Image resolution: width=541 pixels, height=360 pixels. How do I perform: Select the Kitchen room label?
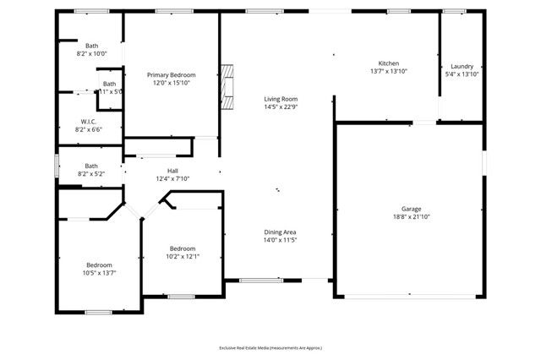(388, 63)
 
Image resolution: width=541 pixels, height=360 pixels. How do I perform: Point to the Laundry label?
(462, 66)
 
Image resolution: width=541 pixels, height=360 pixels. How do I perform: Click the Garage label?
(411, 209)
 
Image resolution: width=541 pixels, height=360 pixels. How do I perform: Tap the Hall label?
(172, 171)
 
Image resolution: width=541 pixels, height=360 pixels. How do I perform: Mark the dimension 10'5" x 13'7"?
(99, 273)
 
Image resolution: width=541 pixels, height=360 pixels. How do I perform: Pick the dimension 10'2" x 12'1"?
(183, 256)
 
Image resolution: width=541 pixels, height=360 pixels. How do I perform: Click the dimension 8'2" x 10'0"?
(92, 53)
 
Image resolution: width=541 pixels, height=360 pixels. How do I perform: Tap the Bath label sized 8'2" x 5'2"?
(91, 166)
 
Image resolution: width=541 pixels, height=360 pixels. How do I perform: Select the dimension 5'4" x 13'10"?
(462, 74)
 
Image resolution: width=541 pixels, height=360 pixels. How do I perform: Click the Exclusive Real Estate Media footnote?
(270, 347)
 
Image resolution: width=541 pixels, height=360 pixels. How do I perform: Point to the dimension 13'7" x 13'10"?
(388, 72)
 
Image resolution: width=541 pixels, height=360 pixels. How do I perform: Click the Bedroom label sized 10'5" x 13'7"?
(99, 265)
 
